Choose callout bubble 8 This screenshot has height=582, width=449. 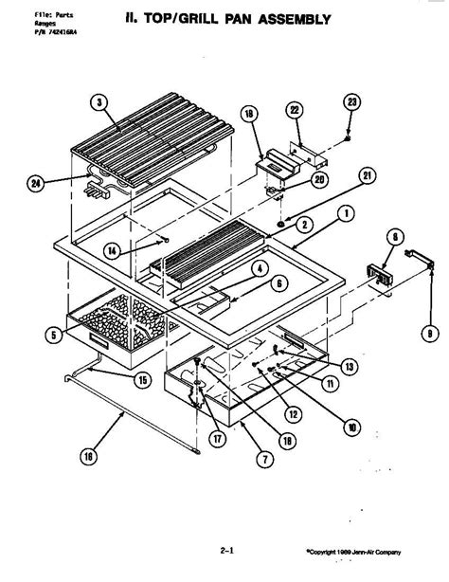397,237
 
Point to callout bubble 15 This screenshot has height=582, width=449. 142,381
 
